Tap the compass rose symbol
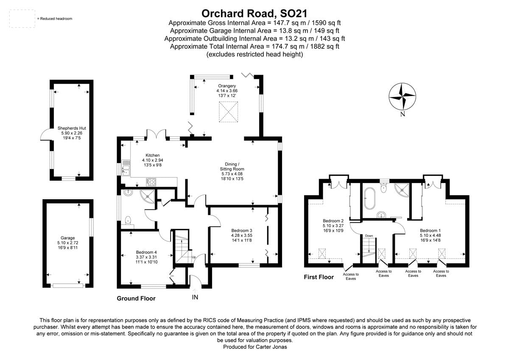coord(402,96)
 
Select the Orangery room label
coord(227,91)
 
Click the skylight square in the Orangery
coord(228,112)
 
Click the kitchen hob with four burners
coord(151,182)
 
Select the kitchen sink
coord(126,167)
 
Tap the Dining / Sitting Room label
coord(232,172)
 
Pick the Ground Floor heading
coord(136,298)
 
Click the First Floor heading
coord(319,277)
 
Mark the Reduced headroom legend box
coord(22,19)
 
